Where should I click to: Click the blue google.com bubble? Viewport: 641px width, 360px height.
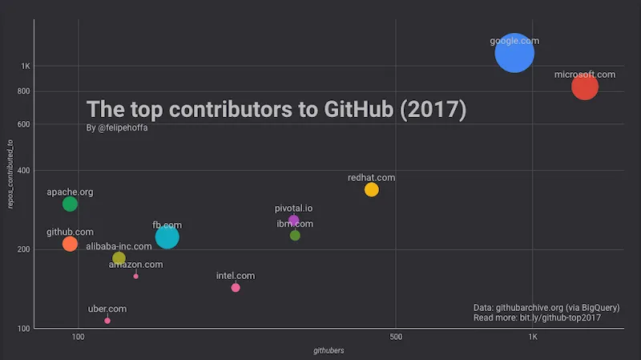tap(514, 53)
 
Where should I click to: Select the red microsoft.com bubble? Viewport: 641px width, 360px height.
tap(585, 86)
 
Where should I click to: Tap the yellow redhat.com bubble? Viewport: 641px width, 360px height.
tap(371, 189)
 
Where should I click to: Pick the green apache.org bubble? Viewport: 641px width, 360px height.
tap(70, 204)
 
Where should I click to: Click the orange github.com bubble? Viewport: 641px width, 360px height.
tap(70, 244)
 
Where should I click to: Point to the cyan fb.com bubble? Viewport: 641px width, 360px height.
tap(167, 237)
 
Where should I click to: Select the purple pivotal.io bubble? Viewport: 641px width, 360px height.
tap(293, 220)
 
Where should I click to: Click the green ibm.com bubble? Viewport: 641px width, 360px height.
tap(295, 235)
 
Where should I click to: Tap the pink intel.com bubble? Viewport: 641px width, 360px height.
tap(236, 288)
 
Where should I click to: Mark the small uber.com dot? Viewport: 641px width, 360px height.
tap(107, 321)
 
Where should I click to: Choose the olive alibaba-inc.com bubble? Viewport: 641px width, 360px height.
tap(119, 258)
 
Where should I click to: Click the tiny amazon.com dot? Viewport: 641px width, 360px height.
tap(136, 276)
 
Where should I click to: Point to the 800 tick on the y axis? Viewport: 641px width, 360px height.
tap(22, 91)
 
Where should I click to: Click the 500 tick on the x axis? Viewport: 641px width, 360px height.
tap(395, 337)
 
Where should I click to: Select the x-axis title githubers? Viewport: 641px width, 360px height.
tap(329, 350)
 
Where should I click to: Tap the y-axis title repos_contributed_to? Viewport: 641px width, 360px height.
tap(10, 174)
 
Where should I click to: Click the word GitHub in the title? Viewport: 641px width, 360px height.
tap(346, 109)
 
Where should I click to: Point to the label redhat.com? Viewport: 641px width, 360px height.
tap(371, 177)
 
